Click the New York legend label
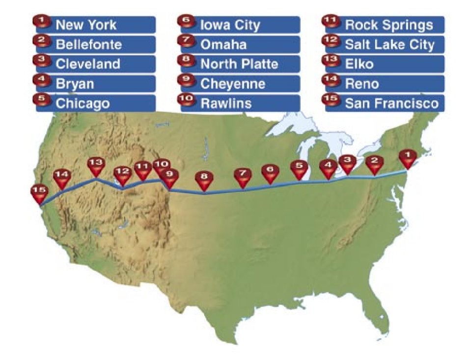pos(95,25)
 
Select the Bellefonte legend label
pos(95,44)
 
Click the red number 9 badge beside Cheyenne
pos(187,83)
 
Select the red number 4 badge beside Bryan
pos(42,83)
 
